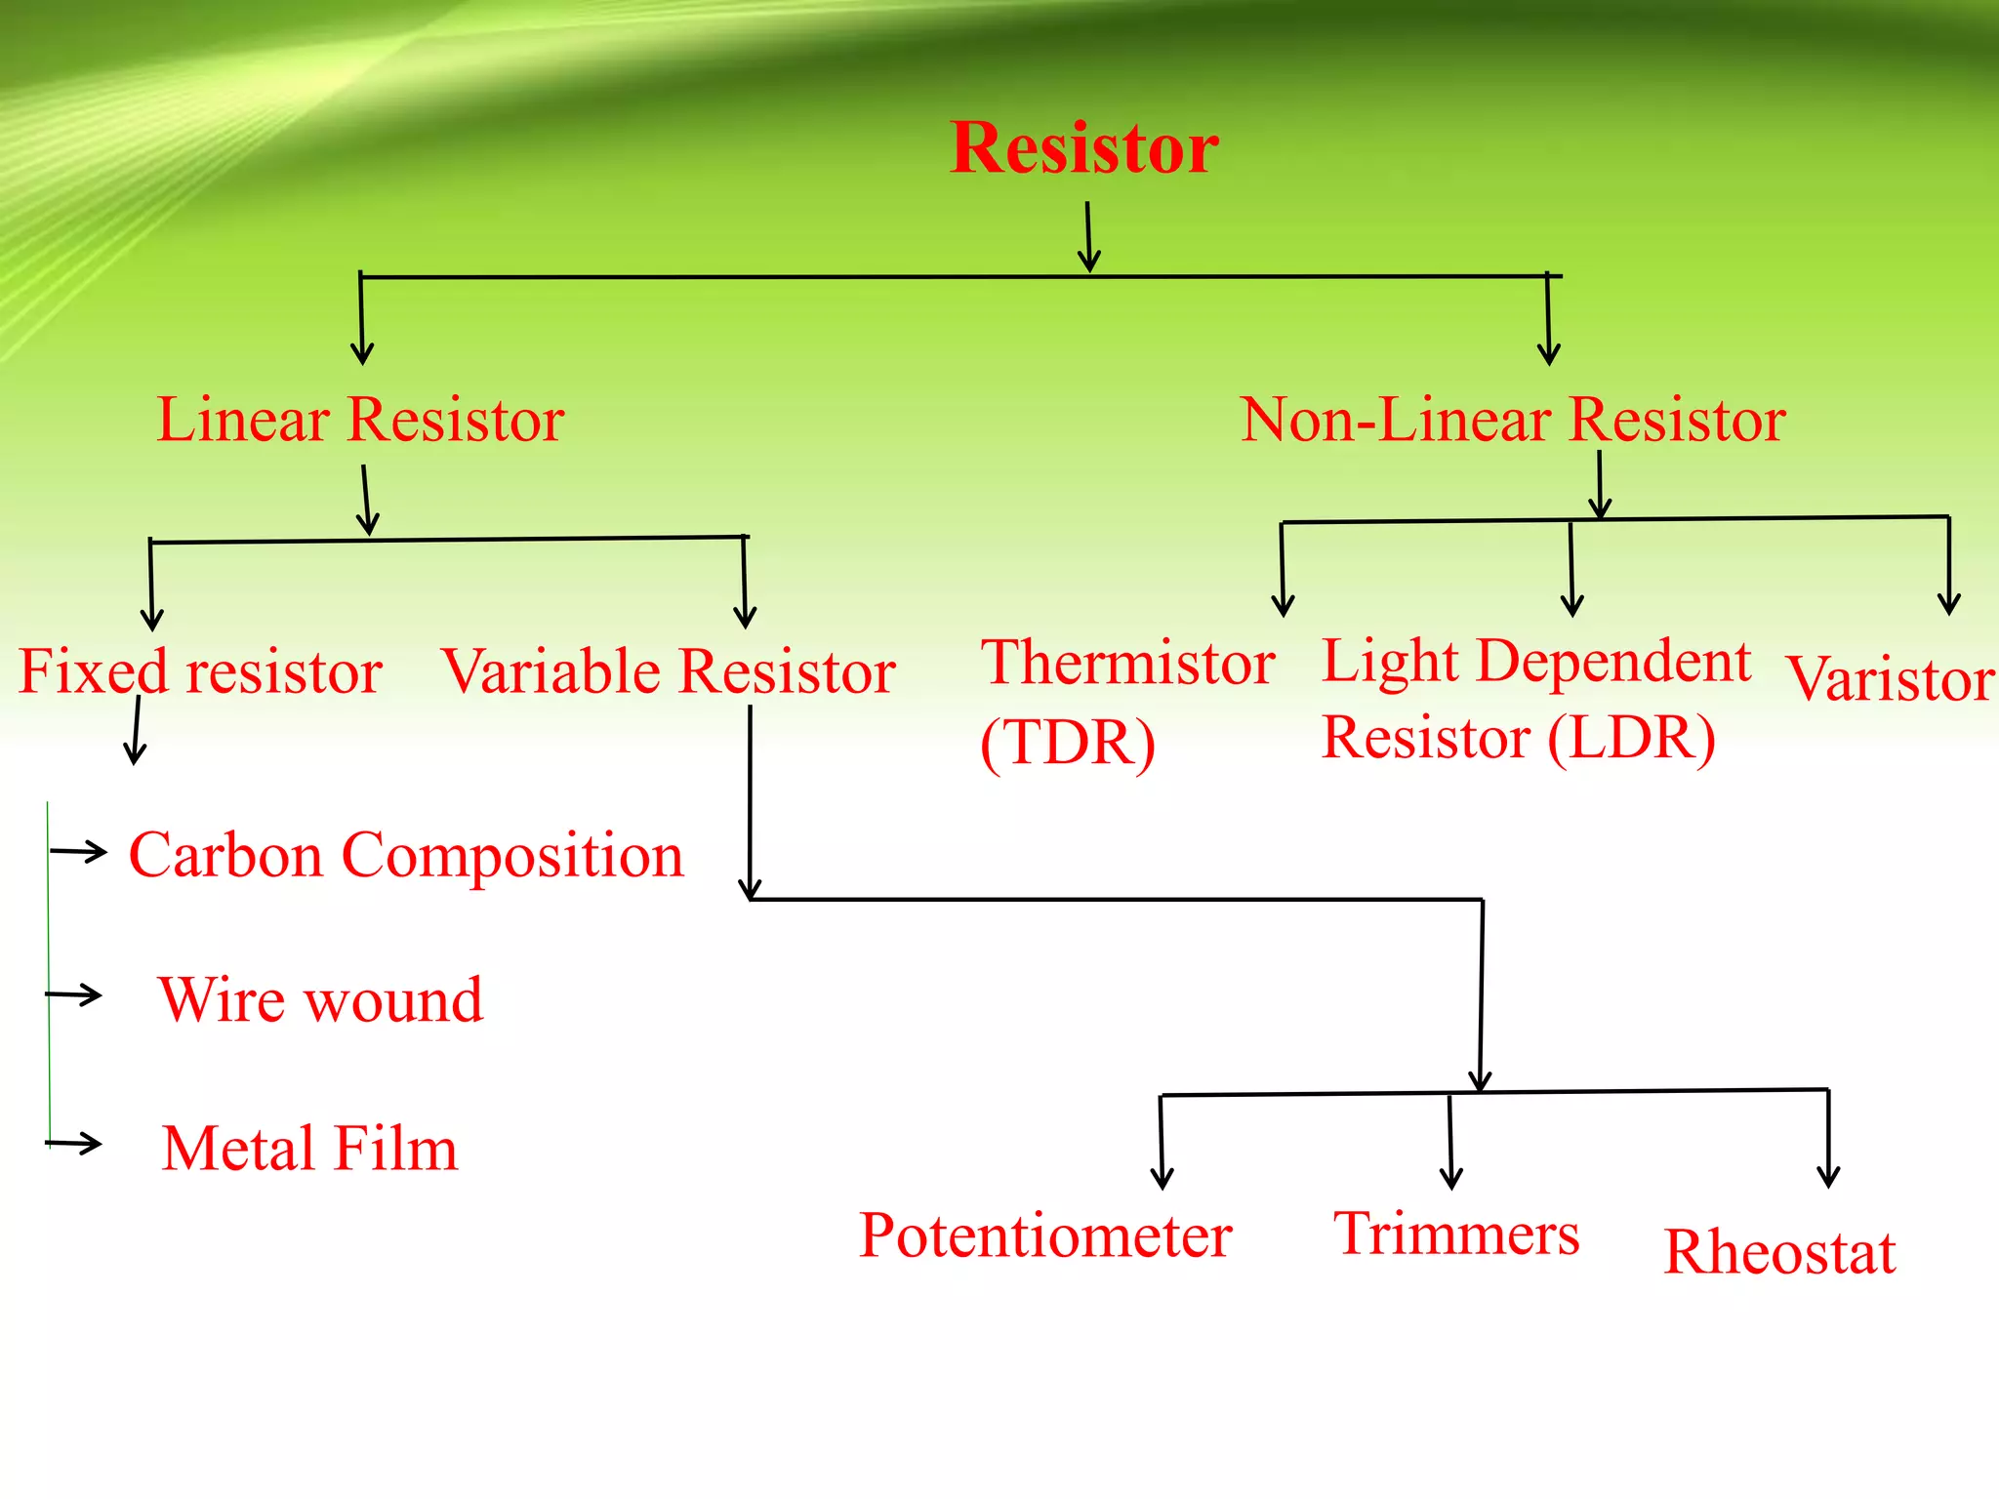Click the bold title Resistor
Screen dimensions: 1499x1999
pos(1083,148)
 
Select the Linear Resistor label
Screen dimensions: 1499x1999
pos(360,420)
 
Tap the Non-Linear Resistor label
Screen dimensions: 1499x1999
pos(1512,420)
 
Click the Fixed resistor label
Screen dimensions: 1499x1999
pos(200,671)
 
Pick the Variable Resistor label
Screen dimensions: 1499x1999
pos(668,671)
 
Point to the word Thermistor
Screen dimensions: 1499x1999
pos(1127,663)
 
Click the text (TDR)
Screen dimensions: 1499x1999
pos(1068,743)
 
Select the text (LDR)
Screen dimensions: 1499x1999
pos(1631,738)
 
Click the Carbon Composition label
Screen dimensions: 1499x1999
pos(406,855)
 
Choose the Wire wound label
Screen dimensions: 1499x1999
pos(320,999)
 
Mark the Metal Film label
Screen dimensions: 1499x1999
pos(309,1148)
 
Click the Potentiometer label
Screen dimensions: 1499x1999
pos(1044,1236)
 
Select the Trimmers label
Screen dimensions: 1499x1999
pos(1455,1234)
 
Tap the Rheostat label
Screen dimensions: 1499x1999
pos(1778,1252)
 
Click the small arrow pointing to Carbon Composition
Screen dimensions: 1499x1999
pos(79,851)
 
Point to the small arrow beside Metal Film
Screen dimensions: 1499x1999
pos(74,1142)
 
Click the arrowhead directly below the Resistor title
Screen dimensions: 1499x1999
pos(1089,261)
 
